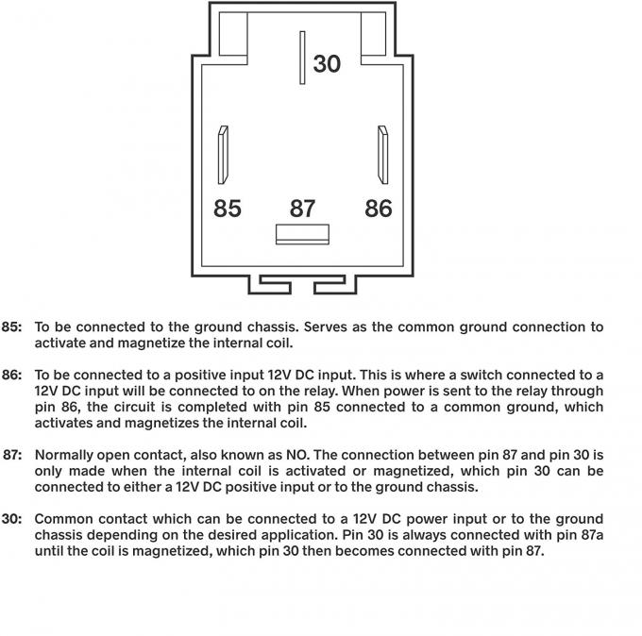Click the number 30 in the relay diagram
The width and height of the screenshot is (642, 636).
click(326, 63)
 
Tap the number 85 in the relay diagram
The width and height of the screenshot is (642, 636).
click(227, 208)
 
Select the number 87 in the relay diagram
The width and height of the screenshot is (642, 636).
click(302, 208)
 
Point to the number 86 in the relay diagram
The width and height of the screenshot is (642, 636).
click(378, 208)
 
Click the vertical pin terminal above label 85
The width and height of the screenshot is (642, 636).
click(223, 155)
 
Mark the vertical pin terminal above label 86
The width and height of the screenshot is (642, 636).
click(382, 155)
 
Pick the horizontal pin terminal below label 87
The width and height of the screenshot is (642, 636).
click(302, 234)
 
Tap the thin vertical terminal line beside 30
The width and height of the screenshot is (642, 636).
click(302, 59)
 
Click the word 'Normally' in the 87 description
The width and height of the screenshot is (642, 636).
click(66, 455)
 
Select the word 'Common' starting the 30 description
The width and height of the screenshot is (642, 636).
click(65, 519)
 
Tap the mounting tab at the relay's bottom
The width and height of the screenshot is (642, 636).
click(302, 284)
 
